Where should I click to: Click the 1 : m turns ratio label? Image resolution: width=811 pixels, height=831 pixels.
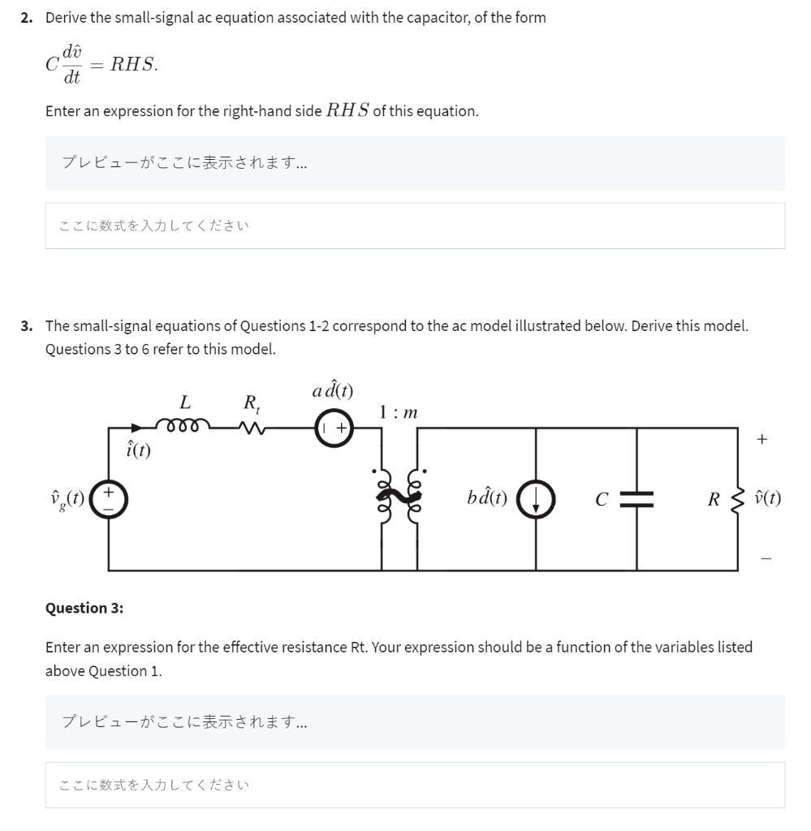tap(399, 412)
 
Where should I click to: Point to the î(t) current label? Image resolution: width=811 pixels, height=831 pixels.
tap(137, 448)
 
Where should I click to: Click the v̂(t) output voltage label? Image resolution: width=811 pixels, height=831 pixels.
tap(768, 498)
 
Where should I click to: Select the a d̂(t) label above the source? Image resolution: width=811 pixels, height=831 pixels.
tap(332, 390)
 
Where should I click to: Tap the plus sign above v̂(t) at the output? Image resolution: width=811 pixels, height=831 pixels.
tap(761, 440)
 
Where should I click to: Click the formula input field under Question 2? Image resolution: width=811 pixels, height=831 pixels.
tap(415, 226)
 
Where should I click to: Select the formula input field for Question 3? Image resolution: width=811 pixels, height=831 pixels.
tap(415, 785)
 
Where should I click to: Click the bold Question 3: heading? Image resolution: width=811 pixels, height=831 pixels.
tap(84, 608)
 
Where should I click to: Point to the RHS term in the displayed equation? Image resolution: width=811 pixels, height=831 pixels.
tap(134, 66)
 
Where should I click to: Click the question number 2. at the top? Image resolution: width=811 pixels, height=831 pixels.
tap(27, 18)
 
